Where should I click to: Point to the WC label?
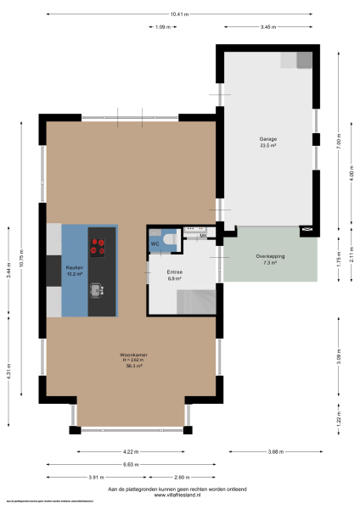coord(155,244)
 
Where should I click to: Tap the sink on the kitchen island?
coord(97,290)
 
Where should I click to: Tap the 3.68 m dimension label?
coord(271,451)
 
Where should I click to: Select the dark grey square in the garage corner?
coord(304,59)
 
